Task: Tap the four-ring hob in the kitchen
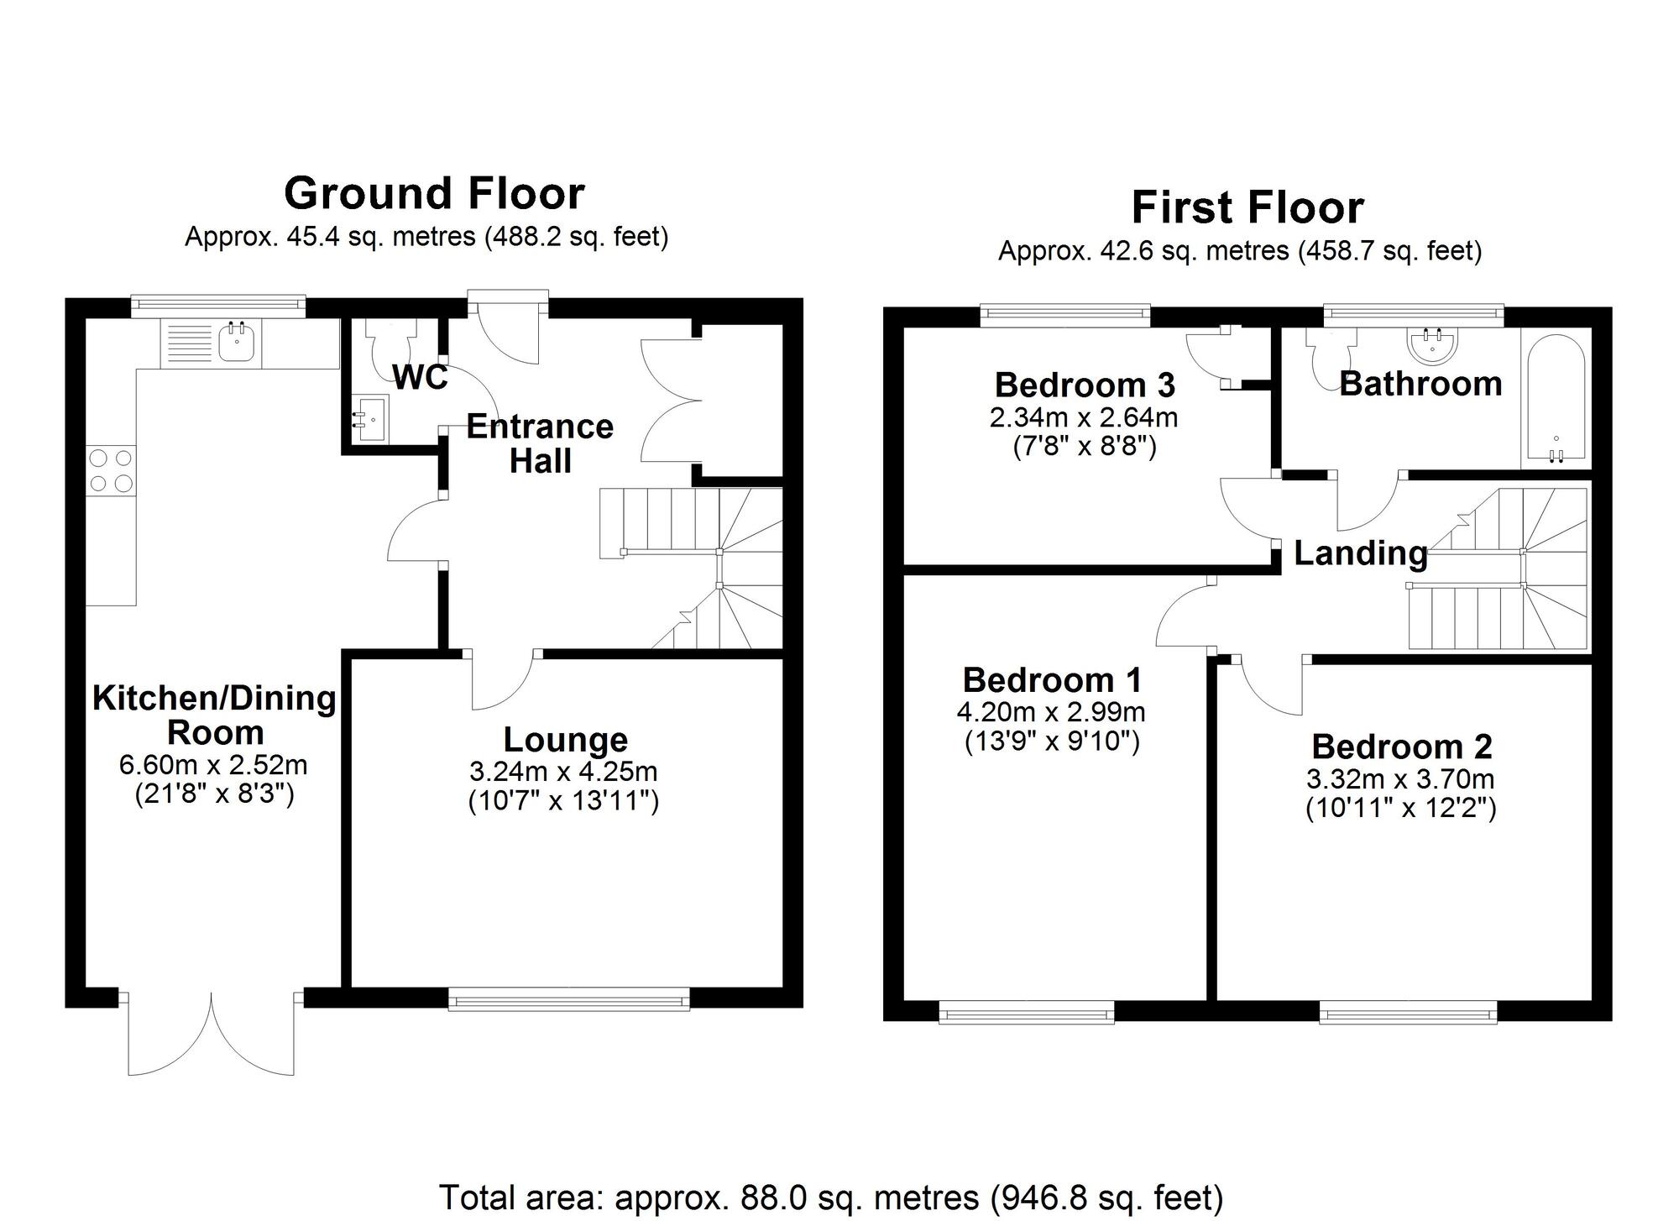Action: click(x=112, y=470)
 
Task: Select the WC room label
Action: click(x=420, y=378)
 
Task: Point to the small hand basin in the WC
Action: click(x=369, y=417)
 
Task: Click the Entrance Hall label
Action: click(x=540, y=443)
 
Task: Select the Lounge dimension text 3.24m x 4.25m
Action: click(x=564, y=771)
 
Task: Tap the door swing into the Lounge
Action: click(x=501, y=682)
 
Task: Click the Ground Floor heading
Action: click(x=434, y=194)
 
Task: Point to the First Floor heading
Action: click(x=1247, y=207)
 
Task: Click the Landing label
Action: click(x=1360, y=553)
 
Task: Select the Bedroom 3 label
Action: click(x=1085, y=385)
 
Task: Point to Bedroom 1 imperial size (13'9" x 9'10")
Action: click(x=1052, y=742)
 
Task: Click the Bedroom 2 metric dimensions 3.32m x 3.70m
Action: click(x=1400, y=779)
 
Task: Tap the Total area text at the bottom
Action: click(x=831, y=1197)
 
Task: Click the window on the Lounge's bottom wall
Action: click(x=568, y=999)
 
